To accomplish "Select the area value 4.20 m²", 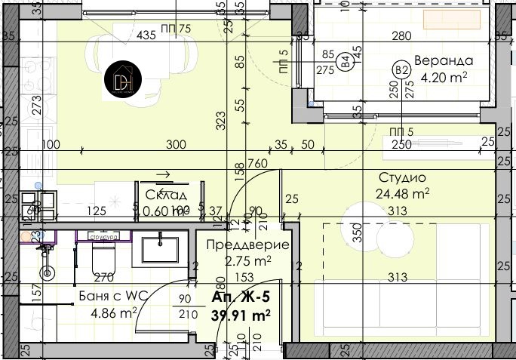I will pyautogui.click(x=444, y=76).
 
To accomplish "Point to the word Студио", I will pyautogui.click(x=402, y=178).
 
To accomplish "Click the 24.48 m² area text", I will pyautogui.click(x=403, y=192).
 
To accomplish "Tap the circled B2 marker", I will pyautogui.click(x=401, y=72).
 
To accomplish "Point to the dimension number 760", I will pyautogui.click(x=257, y=163).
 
